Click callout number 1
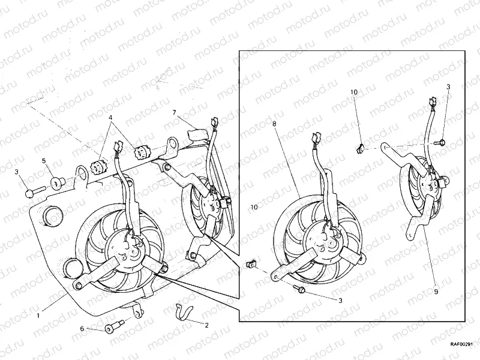39,314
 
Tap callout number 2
206,325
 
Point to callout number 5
44,161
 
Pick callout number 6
83,329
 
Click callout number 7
173,113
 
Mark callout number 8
274,124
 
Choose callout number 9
436,291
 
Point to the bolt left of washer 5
32,192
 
